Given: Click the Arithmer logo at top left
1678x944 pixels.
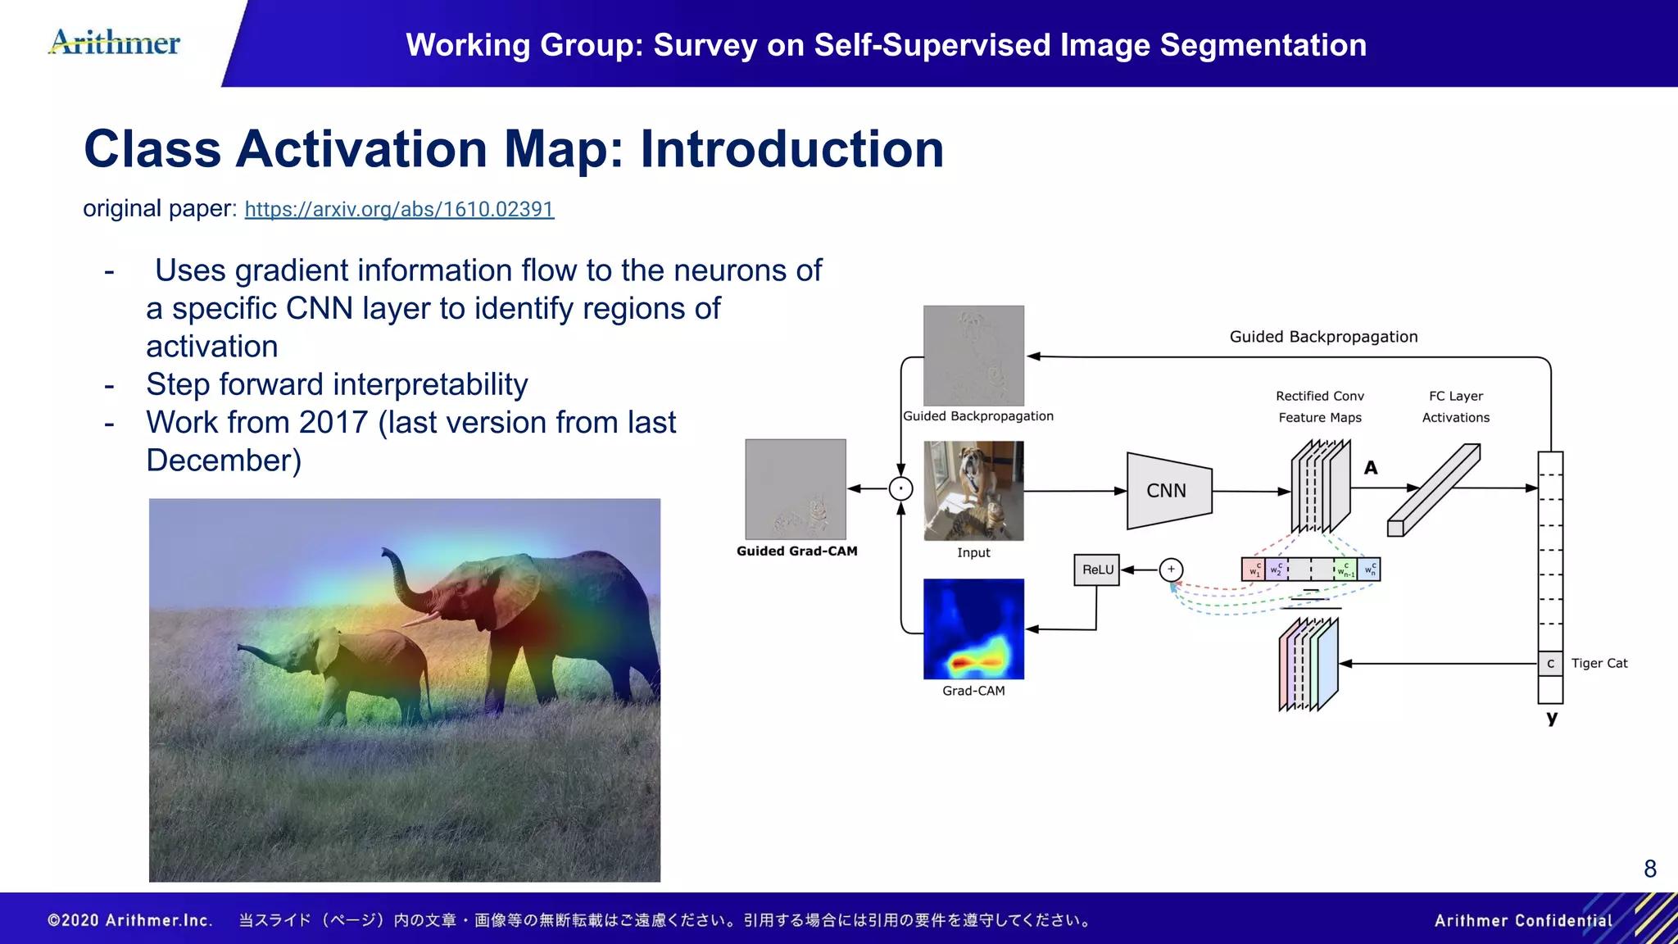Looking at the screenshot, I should [x=115, y=43].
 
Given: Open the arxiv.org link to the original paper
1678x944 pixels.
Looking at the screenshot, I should [x=399, y=209].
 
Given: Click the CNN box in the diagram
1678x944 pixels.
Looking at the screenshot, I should [x=1168, y=491].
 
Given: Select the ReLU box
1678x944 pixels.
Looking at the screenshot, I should [x=1097, y=570].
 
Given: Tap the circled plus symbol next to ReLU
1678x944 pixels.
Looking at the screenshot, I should [x=1171, y=570].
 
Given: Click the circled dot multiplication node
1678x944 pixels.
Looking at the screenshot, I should [x=900, y=489].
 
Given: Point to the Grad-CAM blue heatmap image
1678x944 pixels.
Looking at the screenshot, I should [x=973, y=629].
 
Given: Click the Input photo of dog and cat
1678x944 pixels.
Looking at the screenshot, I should [x=973, y=491].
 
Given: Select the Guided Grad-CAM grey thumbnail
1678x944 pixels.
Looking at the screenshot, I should [x=795, y=489].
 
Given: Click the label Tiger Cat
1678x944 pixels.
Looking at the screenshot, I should [x=1599, y=663].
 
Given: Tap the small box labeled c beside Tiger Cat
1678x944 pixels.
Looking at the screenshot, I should [x=1550, y=664].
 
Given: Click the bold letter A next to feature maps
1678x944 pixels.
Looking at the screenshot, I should [x=1371, y=468].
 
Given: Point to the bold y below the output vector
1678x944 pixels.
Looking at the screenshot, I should [x=1551, y=718].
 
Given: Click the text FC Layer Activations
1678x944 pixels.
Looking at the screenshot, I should [x=1455, y=406].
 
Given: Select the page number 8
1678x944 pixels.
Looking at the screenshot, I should [x=1650, y=869].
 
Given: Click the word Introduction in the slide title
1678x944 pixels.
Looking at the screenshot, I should [x=791, y=149].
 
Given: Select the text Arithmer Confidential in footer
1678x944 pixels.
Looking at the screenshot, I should [x=1522, y=920].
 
